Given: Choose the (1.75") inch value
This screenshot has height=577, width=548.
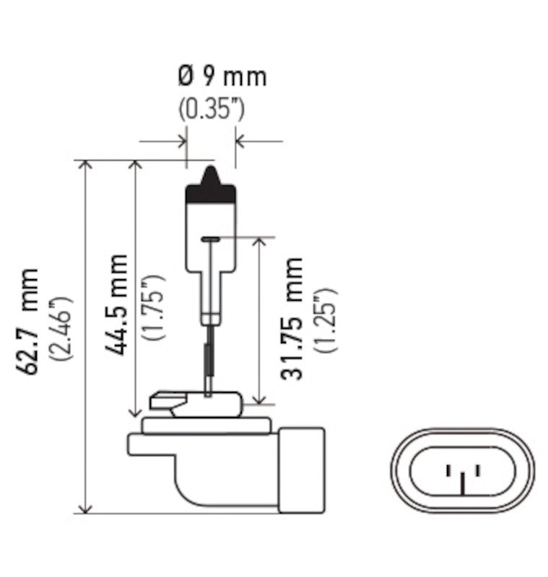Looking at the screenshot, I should (x=154, y=307).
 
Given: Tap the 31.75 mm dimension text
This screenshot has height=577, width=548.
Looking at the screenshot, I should (x=292, y=317).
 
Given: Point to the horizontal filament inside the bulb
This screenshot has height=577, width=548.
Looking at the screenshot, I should (x=211, y=239).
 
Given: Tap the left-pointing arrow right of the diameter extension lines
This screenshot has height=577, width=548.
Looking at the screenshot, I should (x=243, y=141).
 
